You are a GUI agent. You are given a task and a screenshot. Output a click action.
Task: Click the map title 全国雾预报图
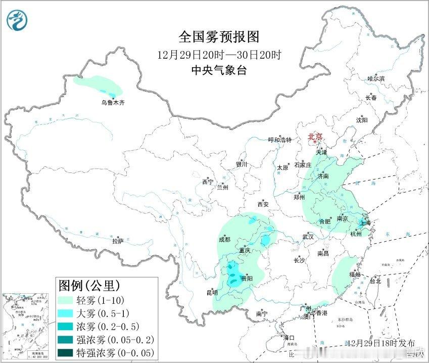tap(219, 37)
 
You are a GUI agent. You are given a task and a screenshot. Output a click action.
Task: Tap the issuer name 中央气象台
tap(219, 70)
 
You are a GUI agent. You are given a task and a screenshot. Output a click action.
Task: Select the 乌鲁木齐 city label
tap(112, 103)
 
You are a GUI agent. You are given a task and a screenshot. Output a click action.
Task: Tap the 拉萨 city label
tap(118, 241)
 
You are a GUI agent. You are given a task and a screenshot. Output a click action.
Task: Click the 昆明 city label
tap(212, 292)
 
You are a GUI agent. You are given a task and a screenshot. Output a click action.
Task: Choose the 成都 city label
tap(225, 239)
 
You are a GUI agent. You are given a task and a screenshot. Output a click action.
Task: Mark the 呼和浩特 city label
tap(280, 140)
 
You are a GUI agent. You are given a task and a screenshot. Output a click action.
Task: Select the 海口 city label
tap(288, 337)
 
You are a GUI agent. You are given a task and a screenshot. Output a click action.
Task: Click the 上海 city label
tap(365, 222)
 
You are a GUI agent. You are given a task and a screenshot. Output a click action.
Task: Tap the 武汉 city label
tap(308, 237)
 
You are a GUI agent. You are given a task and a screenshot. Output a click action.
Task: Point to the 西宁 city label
tap(208, 181)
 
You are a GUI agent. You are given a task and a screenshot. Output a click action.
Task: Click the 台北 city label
tap(375, 281)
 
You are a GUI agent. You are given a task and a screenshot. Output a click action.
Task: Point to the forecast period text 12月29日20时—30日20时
tap(219, 54)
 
